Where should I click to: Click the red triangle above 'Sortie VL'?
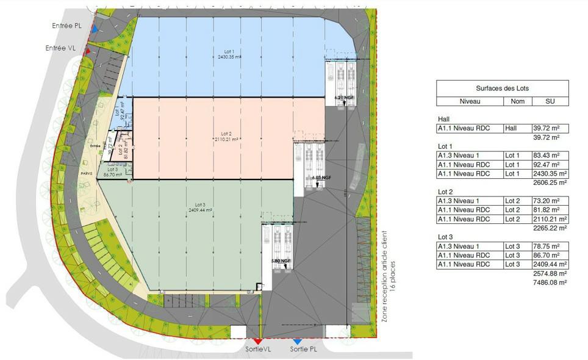pos(259,342)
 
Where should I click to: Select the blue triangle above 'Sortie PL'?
pos(297,342)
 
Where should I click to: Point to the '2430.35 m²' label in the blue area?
pos(230,57)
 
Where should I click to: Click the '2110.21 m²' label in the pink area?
pos(226,139)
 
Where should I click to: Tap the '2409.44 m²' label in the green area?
pos(200,210)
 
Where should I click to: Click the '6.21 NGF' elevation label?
pos(344,98)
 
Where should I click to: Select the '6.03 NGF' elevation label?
pos(320,178)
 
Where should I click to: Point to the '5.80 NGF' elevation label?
pos(281,261)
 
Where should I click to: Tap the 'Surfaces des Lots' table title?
pos(502,88)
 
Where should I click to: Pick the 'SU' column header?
pos(550,101)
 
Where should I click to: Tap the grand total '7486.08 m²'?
pos(551,283)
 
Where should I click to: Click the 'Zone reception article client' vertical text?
pos(384,276)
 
